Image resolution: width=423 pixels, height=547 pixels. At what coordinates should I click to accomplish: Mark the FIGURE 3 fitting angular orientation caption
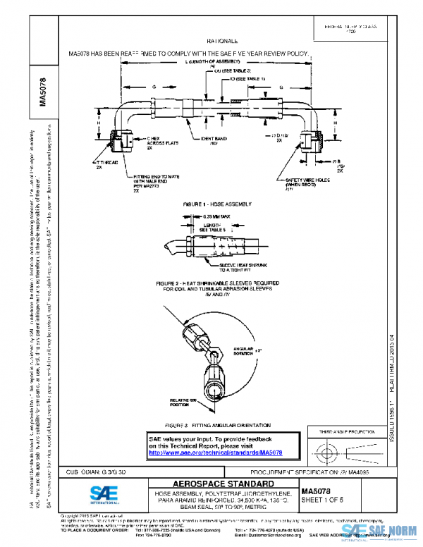pyautogui.click(x=216, y=426)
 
